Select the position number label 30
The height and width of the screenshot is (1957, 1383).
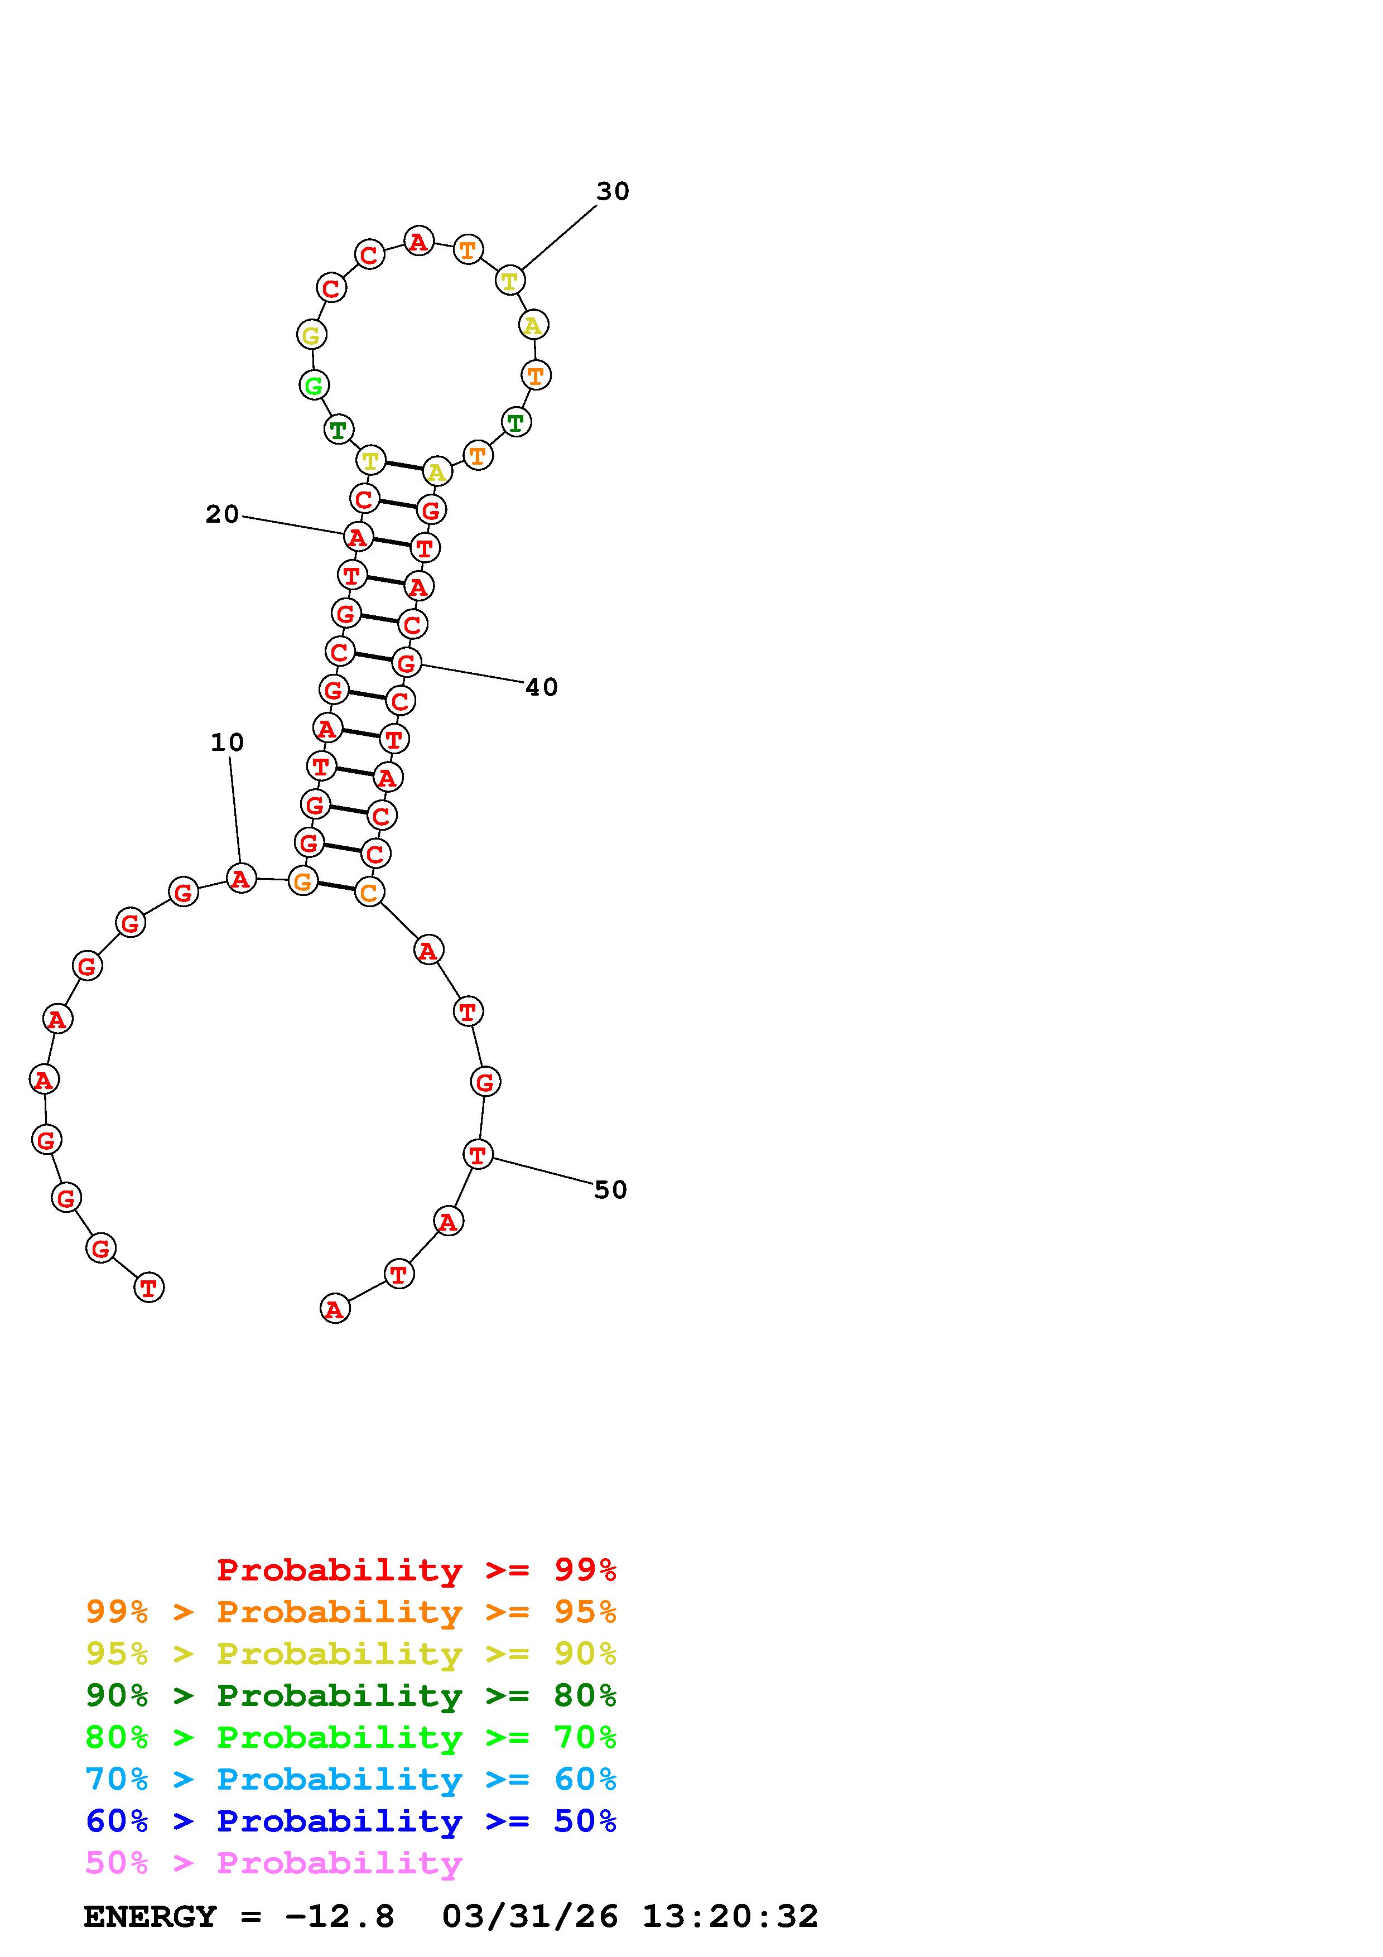tap(613, 192)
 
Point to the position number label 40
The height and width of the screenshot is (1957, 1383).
tap(541, 687)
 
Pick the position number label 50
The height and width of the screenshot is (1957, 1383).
tap(610, 1190)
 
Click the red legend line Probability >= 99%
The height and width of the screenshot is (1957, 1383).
tap(417, 1570)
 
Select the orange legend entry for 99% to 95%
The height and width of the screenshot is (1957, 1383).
tap(351, 1612)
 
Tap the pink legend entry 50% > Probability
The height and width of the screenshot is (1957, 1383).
tap(273, 1863)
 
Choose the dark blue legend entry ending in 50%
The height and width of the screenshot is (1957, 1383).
tap(351, 1821)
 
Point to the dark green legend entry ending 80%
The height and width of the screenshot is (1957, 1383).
tap(351, 1695)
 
